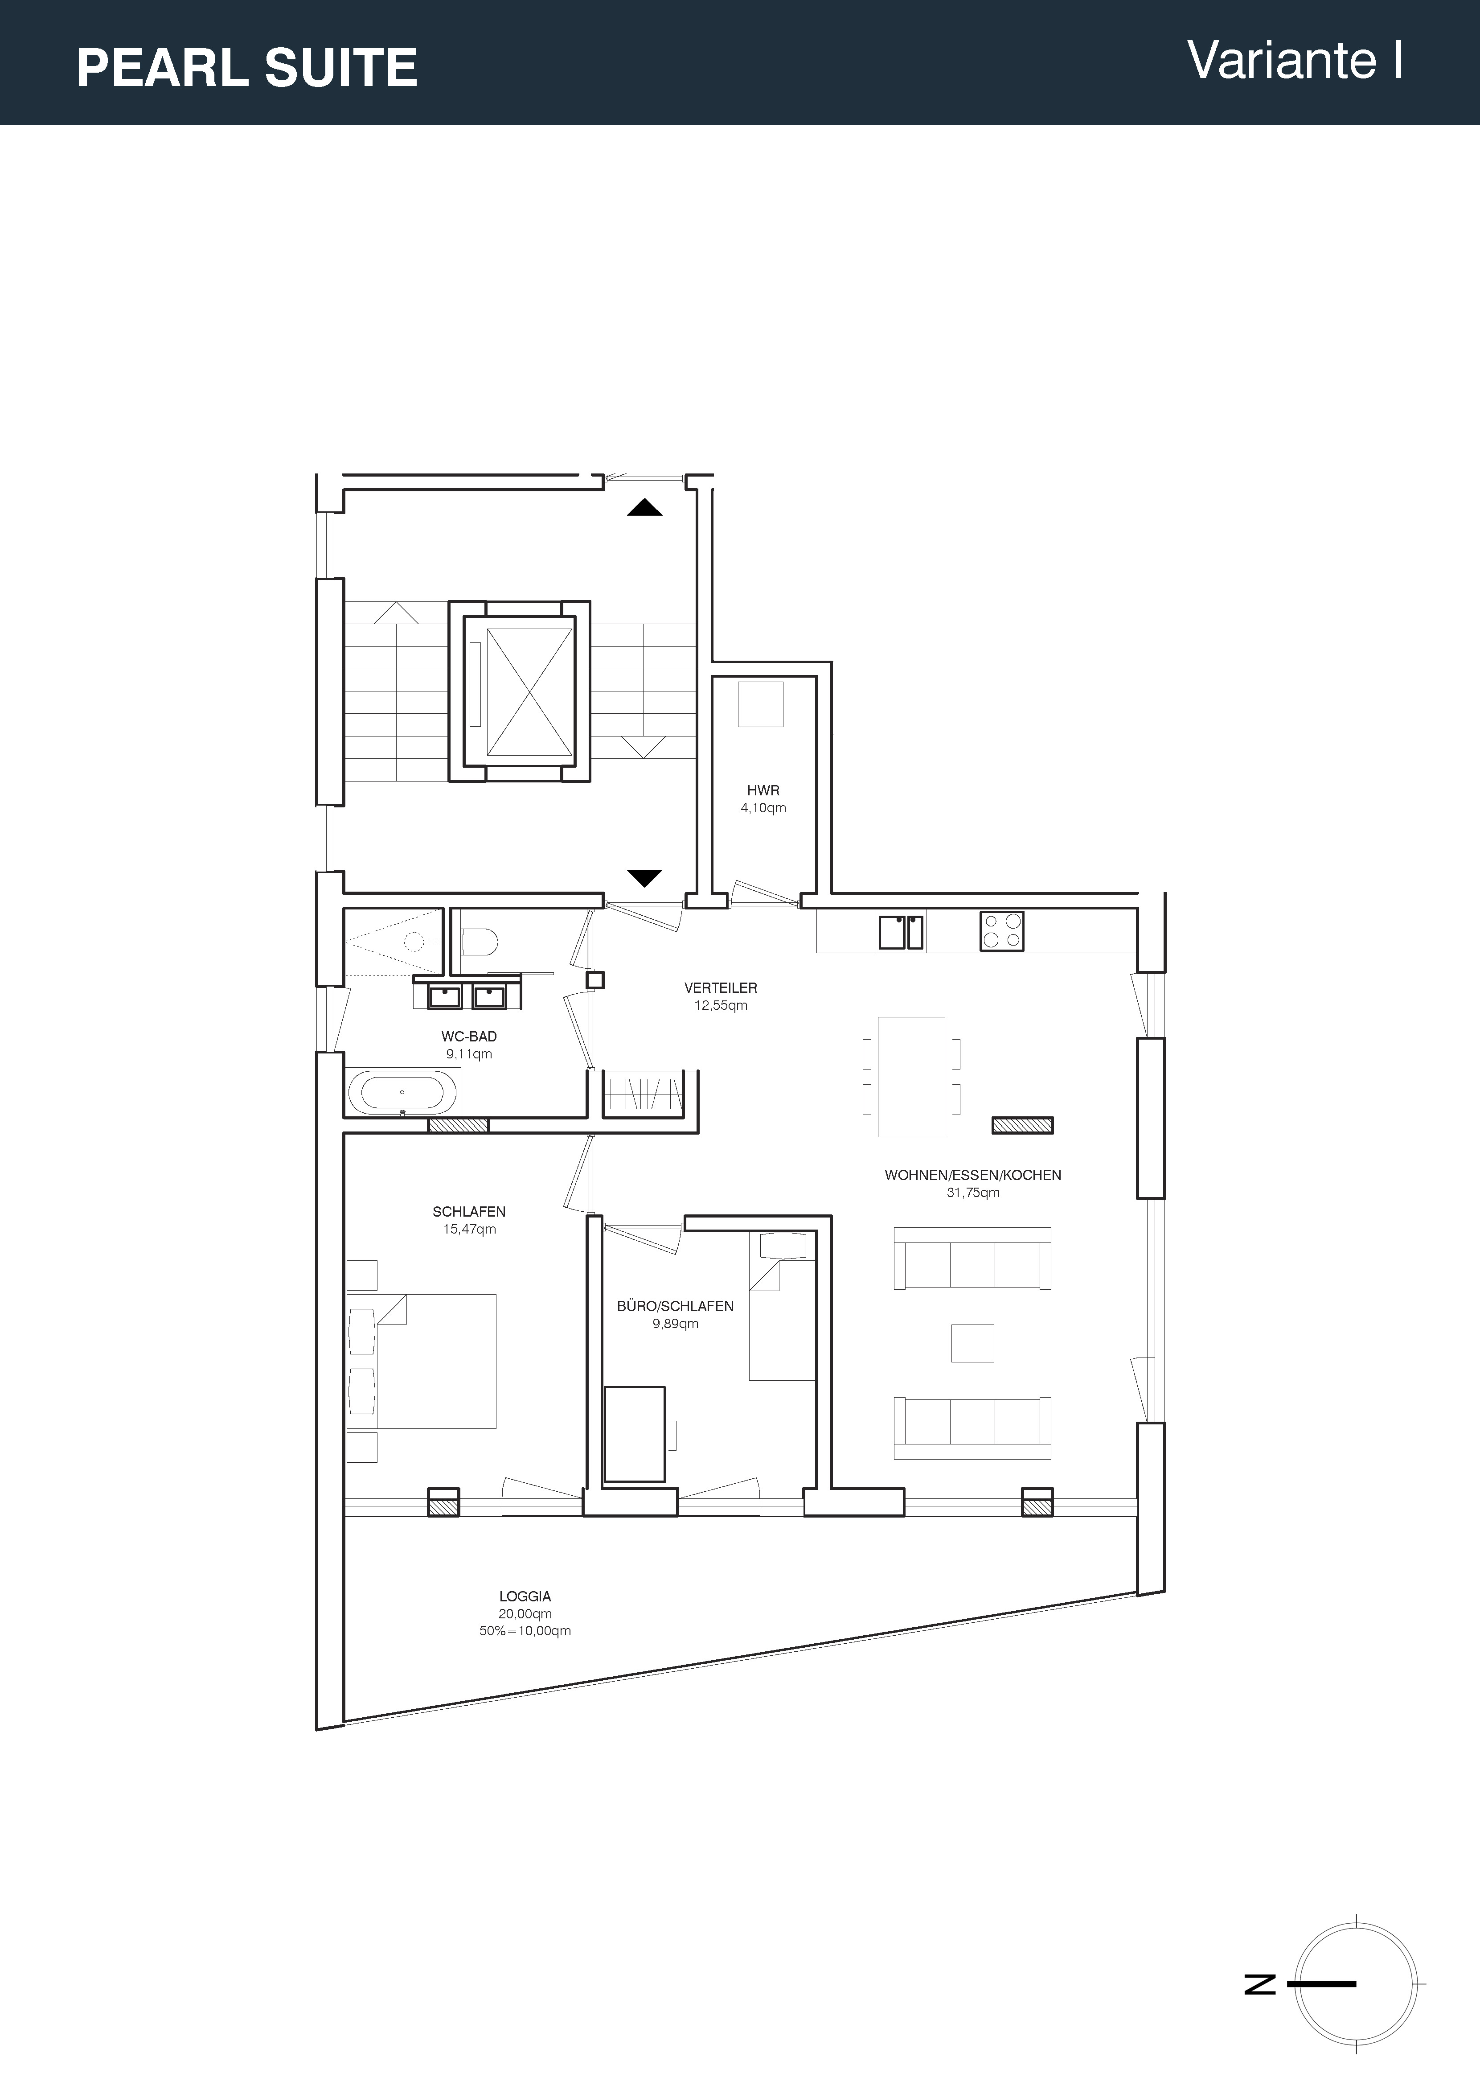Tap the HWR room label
763,791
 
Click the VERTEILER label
721,988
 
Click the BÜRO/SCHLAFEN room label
675,1306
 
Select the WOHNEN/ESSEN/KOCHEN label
973,1175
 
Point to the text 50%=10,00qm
525,1631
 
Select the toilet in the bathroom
479,939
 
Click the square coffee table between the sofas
972,1342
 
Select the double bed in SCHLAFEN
422,1361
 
